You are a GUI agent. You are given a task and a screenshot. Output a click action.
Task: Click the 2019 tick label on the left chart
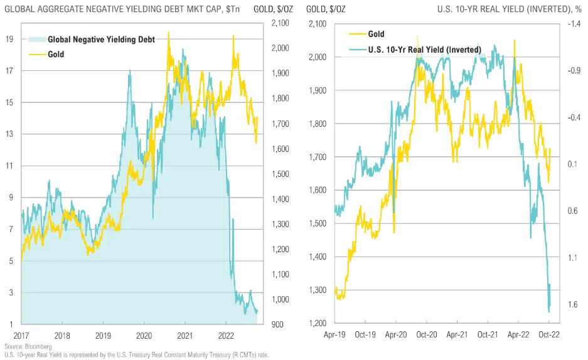click(103, 336)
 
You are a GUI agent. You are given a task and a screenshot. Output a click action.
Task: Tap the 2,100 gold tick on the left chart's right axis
click(281, 23)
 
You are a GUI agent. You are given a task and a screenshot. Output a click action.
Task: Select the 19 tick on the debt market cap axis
click(9, 39)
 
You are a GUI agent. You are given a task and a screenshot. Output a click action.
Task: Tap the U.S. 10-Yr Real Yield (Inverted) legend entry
click(424, 50)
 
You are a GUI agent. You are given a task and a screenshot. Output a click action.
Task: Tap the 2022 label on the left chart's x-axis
click(227, 336)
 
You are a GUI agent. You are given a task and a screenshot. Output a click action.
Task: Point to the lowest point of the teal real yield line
click(549, 312)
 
